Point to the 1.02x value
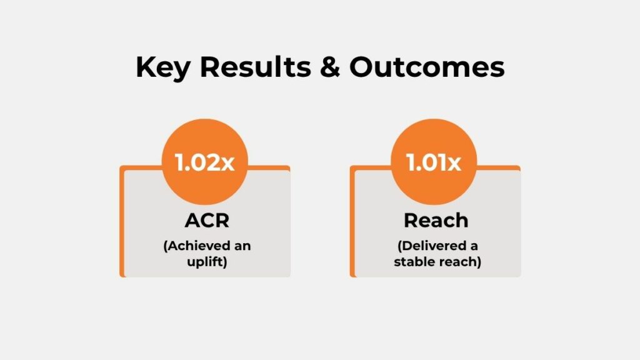click(x=205, y=163)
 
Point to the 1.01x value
click(x=434, y=163)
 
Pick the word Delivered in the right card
click(x=431, y=246)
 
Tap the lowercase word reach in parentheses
click(x=459, y=261)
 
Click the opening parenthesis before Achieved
click(x=165, y=246)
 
